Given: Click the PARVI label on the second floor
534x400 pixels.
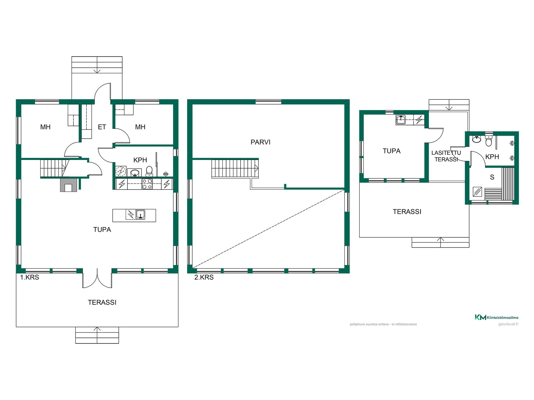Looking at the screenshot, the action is tap(260, 142).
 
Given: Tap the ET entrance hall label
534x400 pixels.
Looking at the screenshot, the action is tap(102, 127).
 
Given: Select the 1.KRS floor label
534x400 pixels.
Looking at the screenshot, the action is tap(29, 277).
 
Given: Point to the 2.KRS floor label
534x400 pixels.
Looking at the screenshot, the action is tap(204, 277).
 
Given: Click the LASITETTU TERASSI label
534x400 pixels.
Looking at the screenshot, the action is tap(446, 156).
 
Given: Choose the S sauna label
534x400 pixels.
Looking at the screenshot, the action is tap(492, 177).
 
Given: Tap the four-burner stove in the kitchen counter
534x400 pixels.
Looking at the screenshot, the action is tap(147, 184).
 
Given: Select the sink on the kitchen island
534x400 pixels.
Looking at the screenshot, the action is tap(140, 215).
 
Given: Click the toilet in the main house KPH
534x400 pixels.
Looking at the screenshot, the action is tap(149, 171).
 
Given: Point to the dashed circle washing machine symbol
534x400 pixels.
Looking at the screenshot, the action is tap(121, 172).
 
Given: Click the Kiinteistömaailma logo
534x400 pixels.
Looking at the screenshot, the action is tap(496, 317).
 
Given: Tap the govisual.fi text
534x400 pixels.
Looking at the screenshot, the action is tap(508, 324).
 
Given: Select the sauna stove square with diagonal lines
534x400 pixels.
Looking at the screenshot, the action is tap(478, 192).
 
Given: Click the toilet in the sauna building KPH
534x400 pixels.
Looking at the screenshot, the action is tap(489, 141).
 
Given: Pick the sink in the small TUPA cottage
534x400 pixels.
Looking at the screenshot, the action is tap(400, 120).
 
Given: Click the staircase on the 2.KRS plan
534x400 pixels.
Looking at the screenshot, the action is tap(235, 168).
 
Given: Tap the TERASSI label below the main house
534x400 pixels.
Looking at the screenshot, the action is tap(102, 302).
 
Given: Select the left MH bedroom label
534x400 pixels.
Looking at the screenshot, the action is tap(45, 127).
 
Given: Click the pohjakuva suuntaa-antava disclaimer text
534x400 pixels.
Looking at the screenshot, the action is tap(383, 324).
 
